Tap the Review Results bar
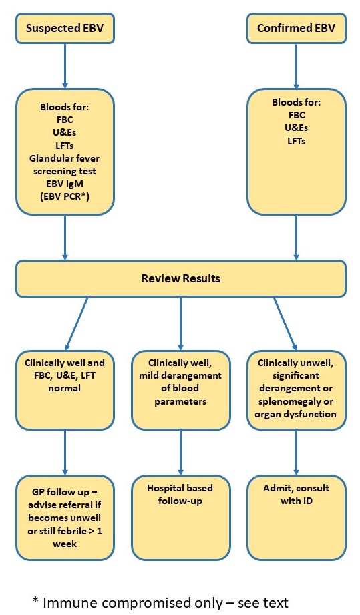pyautogui.click(x=180, y=278)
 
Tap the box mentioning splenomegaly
pyautogui.click(x=296, y=390)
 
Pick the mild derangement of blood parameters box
pyautogui.click(x=180, y=390)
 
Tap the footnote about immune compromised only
pyautogui.click(x=160, y=602)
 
